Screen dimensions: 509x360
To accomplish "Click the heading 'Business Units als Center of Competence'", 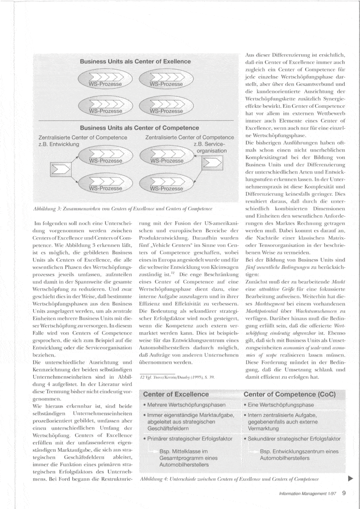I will pos(134,128).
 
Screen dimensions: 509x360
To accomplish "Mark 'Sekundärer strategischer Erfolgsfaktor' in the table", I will pos(293,439).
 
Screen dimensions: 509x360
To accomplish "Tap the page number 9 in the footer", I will pos(344,494).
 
